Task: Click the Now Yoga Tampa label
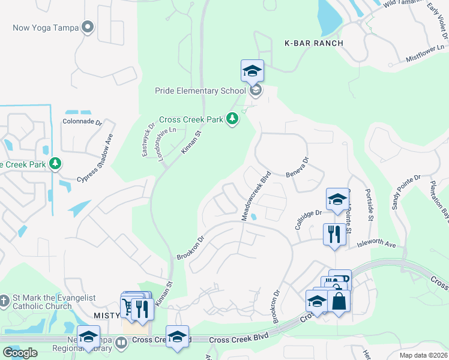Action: [46, 28]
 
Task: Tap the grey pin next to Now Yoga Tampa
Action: [88, 27]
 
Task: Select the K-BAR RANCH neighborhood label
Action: [314, 43]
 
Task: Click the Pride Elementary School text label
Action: [200, 91]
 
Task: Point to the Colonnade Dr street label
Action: [82, 121]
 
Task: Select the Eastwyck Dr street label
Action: [148, 140]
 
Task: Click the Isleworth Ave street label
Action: [377, 245]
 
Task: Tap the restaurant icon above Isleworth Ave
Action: [334, 233]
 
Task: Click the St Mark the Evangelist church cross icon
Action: [4, 299]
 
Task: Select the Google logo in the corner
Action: [20, 353]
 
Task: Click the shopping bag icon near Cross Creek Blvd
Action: [339, 301]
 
